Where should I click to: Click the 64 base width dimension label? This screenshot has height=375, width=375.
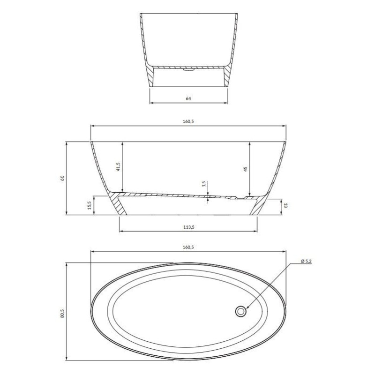188,98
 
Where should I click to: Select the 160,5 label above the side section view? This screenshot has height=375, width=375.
188,121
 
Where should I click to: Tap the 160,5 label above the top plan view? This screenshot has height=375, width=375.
188,247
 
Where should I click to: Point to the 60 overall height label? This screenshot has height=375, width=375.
62,178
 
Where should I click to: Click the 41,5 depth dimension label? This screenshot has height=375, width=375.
119,167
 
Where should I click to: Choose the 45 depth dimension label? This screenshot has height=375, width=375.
245,169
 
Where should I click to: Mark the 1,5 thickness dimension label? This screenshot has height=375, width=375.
204,184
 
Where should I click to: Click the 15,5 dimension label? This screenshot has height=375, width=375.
90,205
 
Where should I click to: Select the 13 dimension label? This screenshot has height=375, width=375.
285,205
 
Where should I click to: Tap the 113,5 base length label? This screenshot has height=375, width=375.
189,227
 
